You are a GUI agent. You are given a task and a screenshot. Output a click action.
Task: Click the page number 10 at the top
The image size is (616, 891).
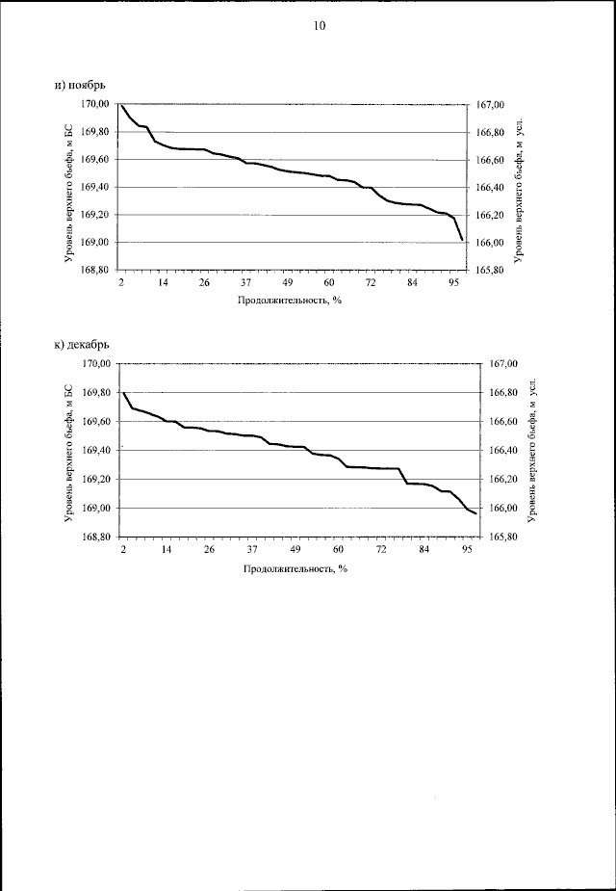[320, 26]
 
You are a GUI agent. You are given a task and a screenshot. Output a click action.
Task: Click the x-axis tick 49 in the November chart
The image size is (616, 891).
[288, 283]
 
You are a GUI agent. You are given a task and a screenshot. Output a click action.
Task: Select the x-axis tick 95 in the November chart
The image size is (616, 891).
[453, 283]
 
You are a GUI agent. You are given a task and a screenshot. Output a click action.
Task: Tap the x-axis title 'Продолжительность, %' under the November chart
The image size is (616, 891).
[291, 300]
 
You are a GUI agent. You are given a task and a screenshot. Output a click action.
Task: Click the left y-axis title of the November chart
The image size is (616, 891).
[69, 187]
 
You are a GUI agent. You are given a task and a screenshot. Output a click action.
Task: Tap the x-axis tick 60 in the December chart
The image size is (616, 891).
[339, 550]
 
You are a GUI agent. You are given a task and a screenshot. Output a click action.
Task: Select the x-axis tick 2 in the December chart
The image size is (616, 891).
[124, 550]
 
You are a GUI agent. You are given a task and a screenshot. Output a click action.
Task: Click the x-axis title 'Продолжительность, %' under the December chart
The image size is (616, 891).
[295, 568]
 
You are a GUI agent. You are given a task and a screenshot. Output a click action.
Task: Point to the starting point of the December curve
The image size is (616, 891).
[124, 393]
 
